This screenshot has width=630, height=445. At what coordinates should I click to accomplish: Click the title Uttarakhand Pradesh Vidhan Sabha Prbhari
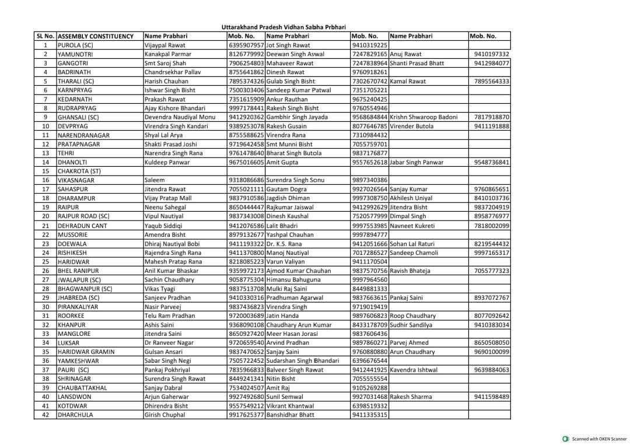(283, 27)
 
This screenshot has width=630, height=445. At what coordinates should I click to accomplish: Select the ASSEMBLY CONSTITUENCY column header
(96, 36)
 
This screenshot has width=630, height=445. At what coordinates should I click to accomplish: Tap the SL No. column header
(45, 36)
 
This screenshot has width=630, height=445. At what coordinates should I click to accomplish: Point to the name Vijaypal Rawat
(164, 45)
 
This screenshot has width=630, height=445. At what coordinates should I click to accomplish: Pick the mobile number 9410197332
(492, 54)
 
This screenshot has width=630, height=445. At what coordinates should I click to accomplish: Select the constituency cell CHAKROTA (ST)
(79, 171)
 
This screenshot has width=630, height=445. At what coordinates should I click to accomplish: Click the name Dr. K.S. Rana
(284, 244)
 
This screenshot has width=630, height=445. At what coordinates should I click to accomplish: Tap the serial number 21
(45, 226)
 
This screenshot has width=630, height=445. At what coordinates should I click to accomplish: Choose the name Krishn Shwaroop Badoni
(423, 117)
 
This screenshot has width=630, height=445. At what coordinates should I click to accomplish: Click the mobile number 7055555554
(370, 379)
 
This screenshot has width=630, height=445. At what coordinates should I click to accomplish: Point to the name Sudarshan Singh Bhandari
(302, 360)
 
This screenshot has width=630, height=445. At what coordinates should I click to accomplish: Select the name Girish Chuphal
(164, 415)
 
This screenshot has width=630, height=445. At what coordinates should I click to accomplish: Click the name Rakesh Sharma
(411, 397)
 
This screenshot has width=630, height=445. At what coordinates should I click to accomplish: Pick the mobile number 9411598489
(492, 397)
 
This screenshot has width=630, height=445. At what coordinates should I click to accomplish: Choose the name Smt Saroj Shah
(165, 63)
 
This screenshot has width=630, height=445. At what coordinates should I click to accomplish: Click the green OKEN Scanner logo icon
(565, 439)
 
